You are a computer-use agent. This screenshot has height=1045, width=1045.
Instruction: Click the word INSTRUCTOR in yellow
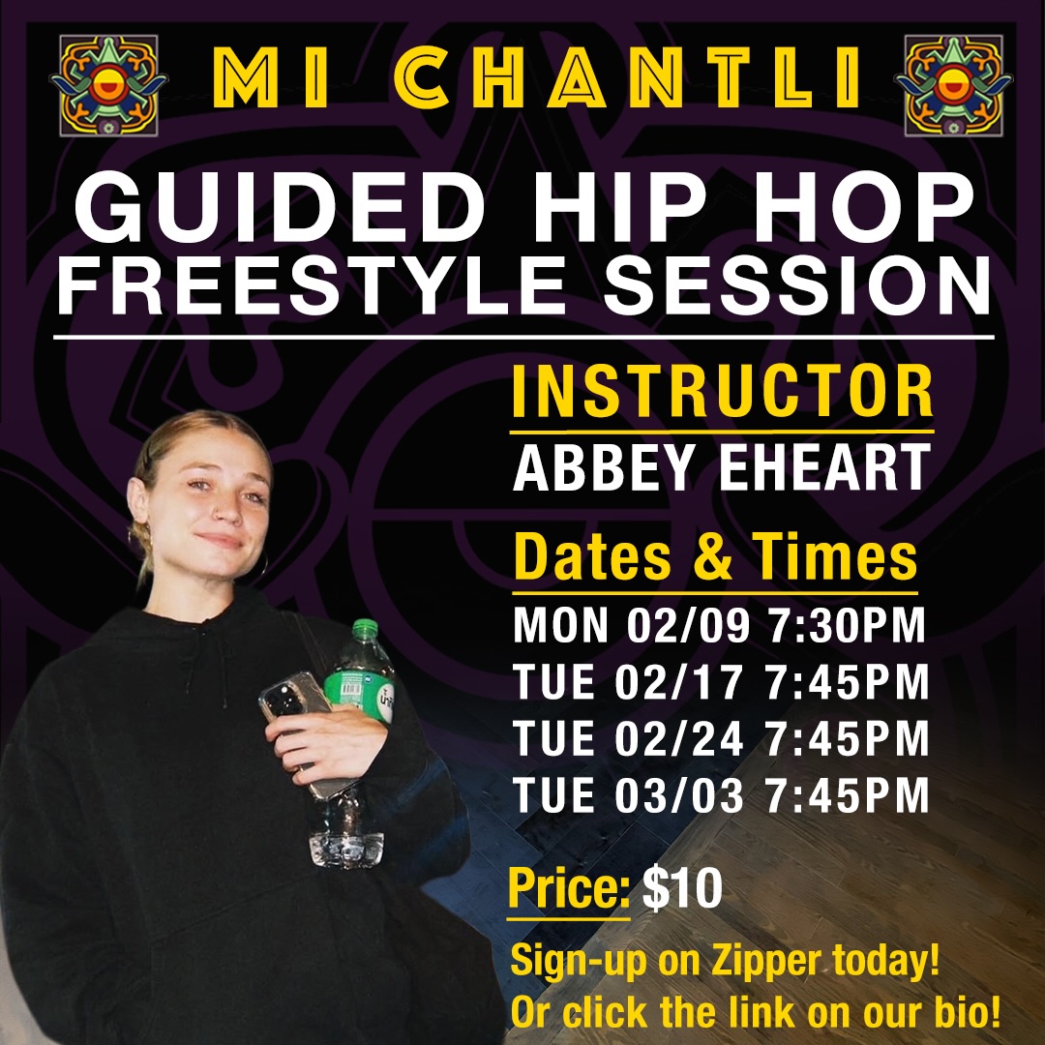coord(722,392)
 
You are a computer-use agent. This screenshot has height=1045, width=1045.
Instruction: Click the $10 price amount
coord(682,890)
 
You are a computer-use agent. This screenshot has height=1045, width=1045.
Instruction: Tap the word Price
coord(569,890)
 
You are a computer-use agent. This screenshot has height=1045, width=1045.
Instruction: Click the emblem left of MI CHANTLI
coord(109,85)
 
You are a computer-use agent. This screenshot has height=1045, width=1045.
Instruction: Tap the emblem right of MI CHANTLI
coord(953,85)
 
